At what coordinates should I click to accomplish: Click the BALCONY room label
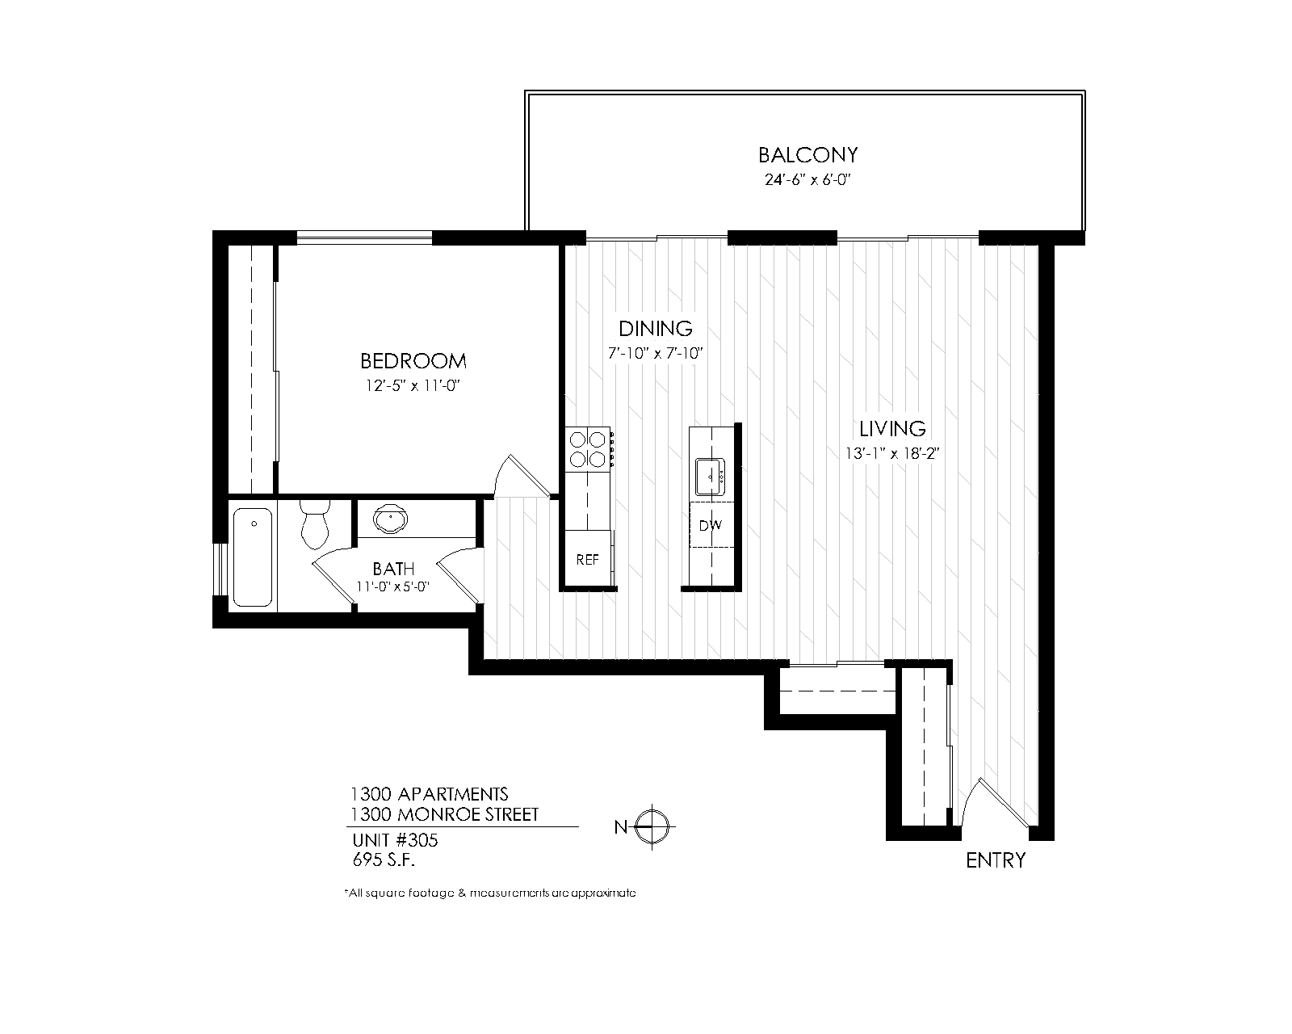[807, 155]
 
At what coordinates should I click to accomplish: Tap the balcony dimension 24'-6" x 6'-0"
[807, 179]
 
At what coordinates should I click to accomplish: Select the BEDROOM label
[413, 361]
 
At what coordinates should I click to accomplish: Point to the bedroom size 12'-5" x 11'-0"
[413, 385]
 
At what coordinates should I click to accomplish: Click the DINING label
[656, 329]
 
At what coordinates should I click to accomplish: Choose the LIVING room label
[892, 429]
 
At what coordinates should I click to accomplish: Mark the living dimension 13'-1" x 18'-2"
[892, 454]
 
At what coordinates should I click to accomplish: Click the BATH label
[393, 569]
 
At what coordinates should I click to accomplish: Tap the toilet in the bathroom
[315, 523]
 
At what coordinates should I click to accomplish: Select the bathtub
[253, 557]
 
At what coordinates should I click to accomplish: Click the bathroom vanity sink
[390, 519]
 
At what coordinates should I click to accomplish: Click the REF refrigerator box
[588, 559]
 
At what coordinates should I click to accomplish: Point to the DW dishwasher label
[711, 525]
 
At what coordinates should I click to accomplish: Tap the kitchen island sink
[711, 477]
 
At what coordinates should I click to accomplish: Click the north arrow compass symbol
[652, 826]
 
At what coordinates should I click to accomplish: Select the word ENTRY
[996, 860]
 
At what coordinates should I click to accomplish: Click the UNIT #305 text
[395, 840]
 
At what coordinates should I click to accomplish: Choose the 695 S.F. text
[384, 860]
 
